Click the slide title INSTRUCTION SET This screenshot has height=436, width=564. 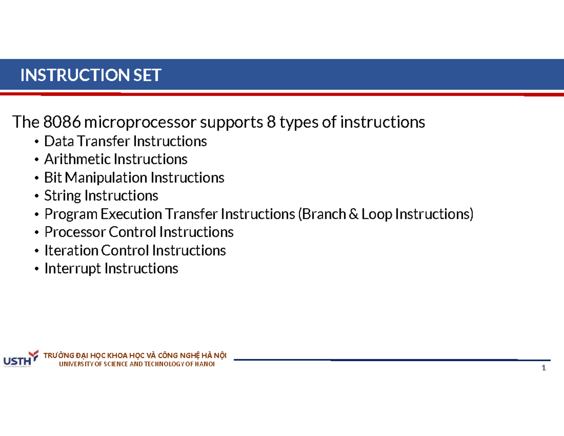91,75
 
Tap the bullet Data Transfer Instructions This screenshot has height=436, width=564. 125,141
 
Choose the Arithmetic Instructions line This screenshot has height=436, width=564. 116,159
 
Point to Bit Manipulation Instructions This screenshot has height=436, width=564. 134,178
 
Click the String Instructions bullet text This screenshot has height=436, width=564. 101,196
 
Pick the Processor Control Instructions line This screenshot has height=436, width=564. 139,232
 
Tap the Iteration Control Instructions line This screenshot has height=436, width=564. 135,251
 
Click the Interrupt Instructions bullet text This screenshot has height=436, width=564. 111,269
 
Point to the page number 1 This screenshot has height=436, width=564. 543,368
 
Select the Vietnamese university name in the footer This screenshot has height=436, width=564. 134,356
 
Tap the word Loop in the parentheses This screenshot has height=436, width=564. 377,214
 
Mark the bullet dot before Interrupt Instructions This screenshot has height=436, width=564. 37,270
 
